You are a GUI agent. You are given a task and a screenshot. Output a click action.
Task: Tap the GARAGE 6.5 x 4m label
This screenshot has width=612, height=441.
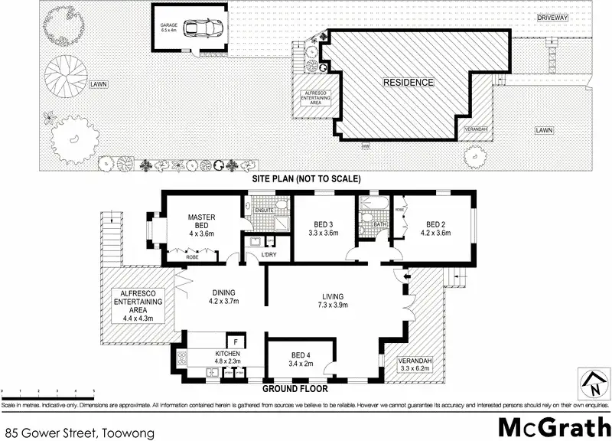point(168,28)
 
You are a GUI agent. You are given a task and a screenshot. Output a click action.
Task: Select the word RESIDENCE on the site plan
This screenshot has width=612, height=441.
point(408,82)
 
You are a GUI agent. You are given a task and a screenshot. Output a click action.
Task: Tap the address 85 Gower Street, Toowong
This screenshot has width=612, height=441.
point(80,433)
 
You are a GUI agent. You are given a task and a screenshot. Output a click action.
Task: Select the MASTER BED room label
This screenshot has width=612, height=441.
point(202,223)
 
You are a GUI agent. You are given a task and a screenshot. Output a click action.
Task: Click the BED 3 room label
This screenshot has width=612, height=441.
point(323,228)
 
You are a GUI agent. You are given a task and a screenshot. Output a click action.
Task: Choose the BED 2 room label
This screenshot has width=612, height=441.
point(438,228)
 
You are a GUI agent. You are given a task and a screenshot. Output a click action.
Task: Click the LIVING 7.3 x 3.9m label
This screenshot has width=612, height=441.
point(333,301)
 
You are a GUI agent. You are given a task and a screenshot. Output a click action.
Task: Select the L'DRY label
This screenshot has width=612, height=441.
point(269,253)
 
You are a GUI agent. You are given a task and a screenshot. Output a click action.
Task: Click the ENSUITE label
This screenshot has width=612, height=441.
point(264,209)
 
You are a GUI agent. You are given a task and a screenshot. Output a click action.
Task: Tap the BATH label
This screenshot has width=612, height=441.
point(380,224)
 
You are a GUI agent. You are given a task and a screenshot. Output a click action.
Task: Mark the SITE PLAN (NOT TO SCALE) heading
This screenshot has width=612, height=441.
point(306,178)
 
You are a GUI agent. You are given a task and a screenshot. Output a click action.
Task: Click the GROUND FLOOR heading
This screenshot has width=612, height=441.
point(295,389)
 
